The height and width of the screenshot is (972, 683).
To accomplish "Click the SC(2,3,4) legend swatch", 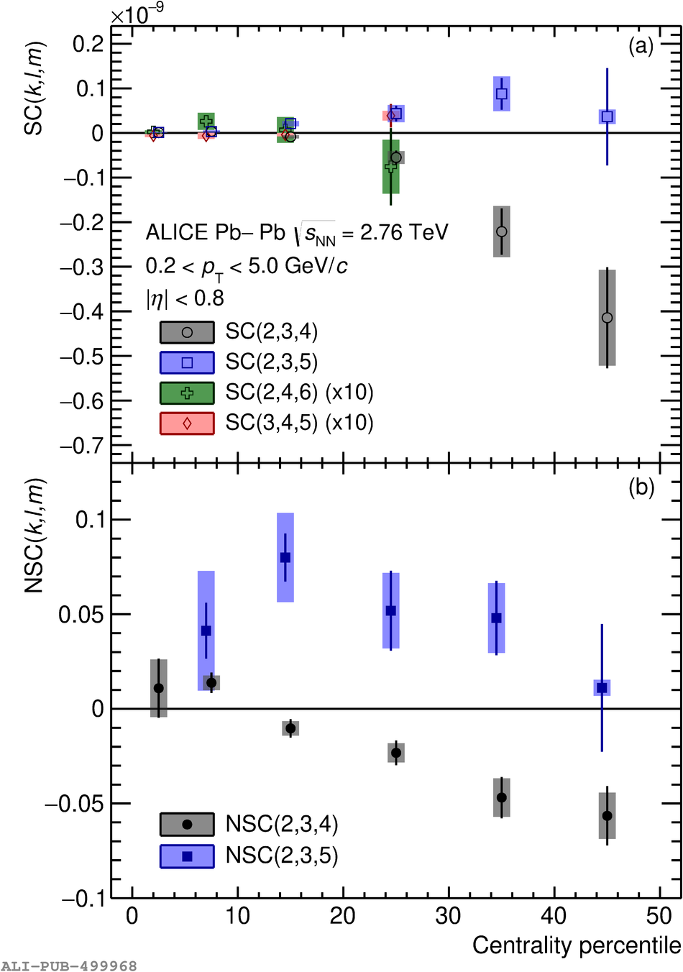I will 187,332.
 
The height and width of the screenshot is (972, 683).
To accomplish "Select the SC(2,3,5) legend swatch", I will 187,363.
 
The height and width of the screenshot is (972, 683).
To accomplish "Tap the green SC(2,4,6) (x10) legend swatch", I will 187,393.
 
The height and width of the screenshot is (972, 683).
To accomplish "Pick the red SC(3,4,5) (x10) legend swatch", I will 187,423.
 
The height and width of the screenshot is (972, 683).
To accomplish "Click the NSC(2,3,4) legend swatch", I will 187,825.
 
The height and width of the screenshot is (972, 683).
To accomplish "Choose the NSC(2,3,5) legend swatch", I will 187,856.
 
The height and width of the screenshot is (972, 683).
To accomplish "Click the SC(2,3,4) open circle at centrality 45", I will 608,318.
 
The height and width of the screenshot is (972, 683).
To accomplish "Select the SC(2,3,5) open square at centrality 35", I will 502,93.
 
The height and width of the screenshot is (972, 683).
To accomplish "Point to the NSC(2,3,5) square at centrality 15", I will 285,557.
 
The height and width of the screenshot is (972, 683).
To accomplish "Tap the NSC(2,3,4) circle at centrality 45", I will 608,815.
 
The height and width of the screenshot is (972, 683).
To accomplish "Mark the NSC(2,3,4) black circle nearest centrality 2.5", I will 159,688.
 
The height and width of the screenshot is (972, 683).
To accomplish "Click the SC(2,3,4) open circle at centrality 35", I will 502,231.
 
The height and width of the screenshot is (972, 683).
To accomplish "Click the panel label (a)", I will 641,47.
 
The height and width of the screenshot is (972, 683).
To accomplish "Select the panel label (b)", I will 641,487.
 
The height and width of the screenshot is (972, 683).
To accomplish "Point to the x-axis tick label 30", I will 449,916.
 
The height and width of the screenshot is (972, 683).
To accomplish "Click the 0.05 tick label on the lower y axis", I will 81,615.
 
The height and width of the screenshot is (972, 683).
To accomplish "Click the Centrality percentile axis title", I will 576,945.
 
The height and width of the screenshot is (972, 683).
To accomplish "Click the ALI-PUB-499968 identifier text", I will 69,966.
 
